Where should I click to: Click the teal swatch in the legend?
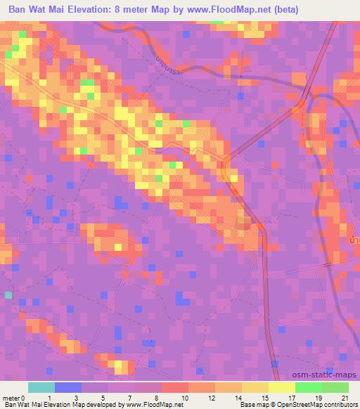click(41, 387)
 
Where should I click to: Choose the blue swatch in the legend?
click(68, 387)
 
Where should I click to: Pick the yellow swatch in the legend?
click(281, 387)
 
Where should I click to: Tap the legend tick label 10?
click(185, 397)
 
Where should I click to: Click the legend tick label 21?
click(345, 397)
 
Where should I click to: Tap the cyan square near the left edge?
click(8, 295)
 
